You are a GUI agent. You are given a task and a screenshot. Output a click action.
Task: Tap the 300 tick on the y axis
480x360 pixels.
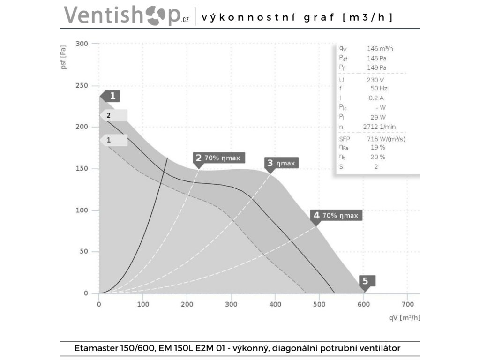pos(82,44)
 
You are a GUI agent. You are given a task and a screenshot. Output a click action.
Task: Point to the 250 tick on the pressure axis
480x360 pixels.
pos(82,86)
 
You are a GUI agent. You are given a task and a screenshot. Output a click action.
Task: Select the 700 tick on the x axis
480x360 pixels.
pos(407,304)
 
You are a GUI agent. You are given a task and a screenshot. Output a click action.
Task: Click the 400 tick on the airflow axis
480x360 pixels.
pos(275,304)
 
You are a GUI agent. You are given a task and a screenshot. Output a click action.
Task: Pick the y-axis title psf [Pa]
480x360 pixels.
pos(64,57)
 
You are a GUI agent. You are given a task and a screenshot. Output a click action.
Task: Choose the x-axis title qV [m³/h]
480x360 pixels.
pos(404,317)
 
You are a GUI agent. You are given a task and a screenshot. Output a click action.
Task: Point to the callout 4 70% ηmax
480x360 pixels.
pos(336,215)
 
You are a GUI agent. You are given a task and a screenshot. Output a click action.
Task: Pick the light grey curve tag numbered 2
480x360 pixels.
pos(114,115)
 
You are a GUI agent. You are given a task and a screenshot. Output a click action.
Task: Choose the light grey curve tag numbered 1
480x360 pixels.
pos(114,140)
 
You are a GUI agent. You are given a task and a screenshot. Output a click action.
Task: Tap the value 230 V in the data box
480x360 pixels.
pos(375,80)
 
